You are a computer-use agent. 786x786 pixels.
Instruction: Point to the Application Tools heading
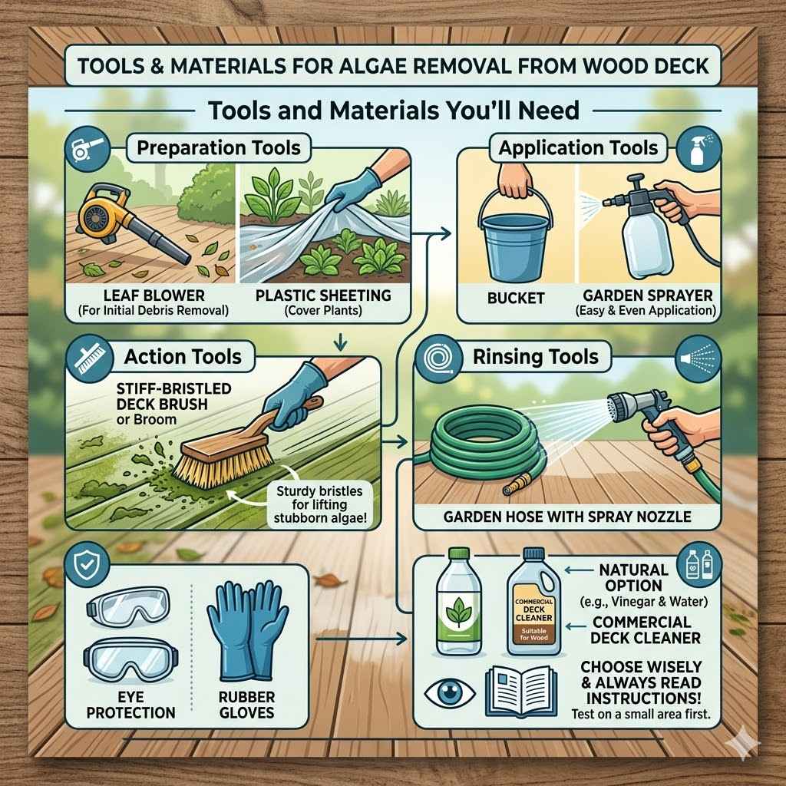pyautogui.click(x=578, y=147)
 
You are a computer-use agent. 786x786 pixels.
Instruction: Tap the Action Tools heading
pyautogui.click(x=183, y=356)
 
